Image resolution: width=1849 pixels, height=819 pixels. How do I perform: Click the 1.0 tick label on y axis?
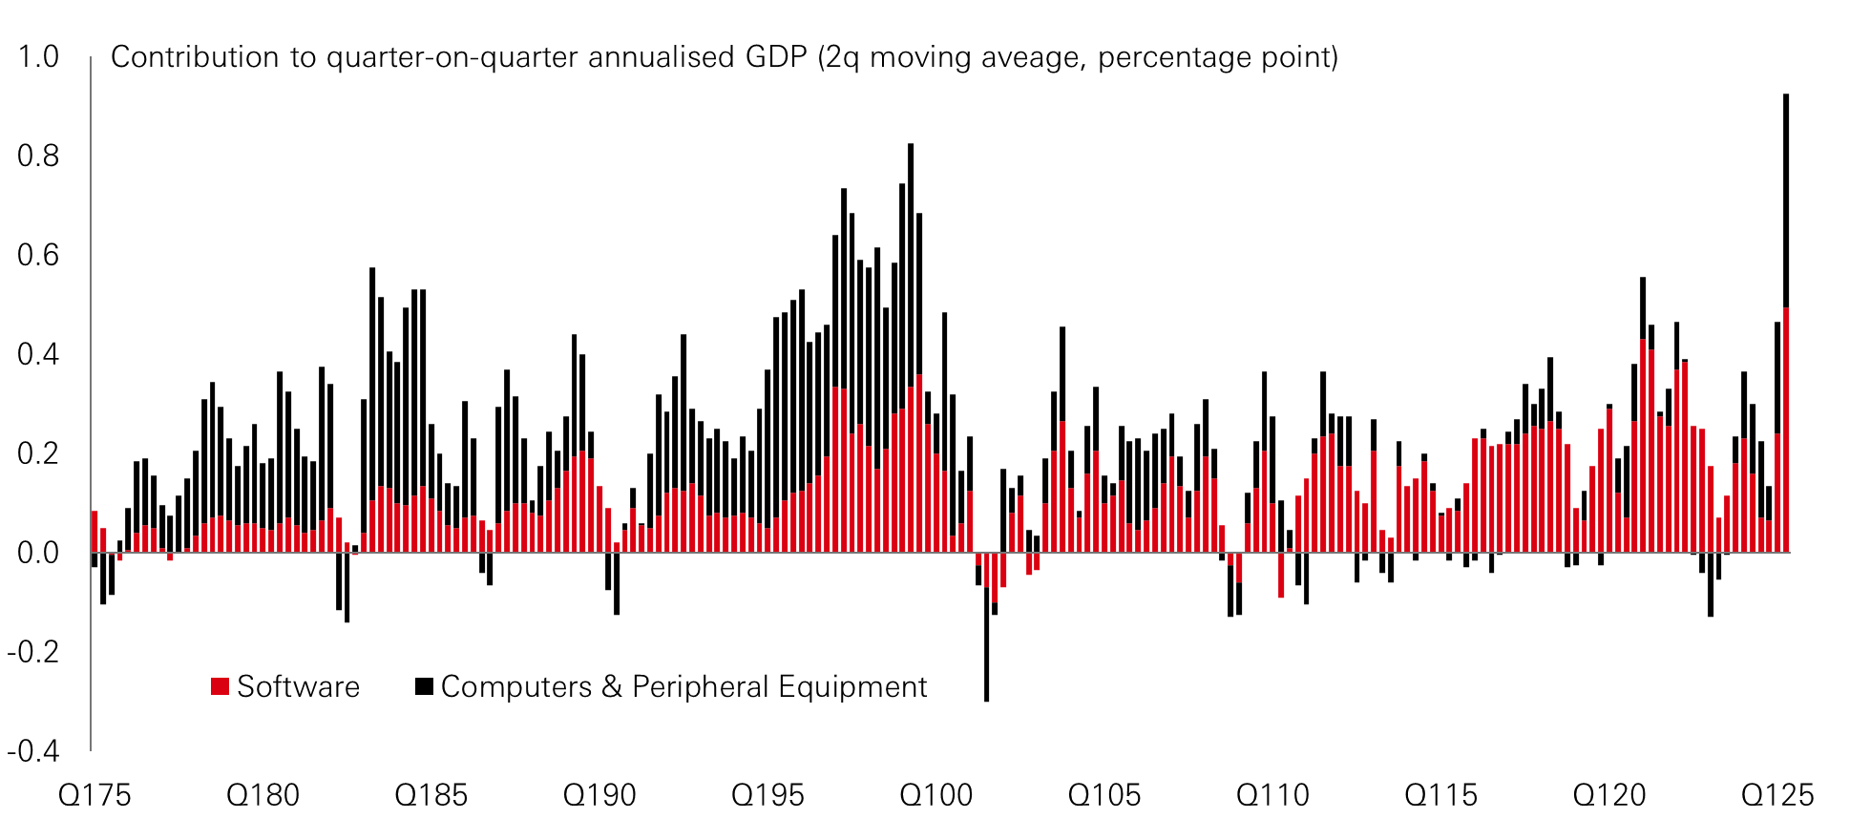coord(38,57)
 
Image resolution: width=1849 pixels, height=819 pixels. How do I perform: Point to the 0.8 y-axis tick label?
coord(38,156)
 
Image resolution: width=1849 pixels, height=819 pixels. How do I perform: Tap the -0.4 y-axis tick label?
coord(33,751)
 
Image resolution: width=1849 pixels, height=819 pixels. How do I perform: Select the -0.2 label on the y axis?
coord(33,652)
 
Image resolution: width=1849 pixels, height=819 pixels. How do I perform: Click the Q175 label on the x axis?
coord(95,795)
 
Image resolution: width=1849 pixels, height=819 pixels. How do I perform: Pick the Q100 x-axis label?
coord(936,795)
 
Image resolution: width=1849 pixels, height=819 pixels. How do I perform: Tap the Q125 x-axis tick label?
coord(1777,795)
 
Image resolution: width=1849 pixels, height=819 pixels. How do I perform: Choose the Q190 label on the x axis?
coord(599,795)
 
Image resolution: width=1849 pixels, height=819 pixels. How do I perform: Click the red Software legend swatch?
coord(221,686)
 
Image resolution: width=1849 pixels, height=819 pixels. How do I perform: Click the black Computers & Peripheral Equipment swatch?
coord(424,686)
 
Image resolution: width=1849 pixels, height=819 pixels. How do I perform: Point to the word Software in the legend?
coord(298,687)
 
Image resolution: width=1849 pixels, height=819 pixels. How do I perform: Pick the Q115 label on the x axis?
coord(1440,795)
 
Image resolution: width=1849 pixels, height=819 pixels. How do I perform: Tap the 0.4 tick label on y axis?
coord(38,354)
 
